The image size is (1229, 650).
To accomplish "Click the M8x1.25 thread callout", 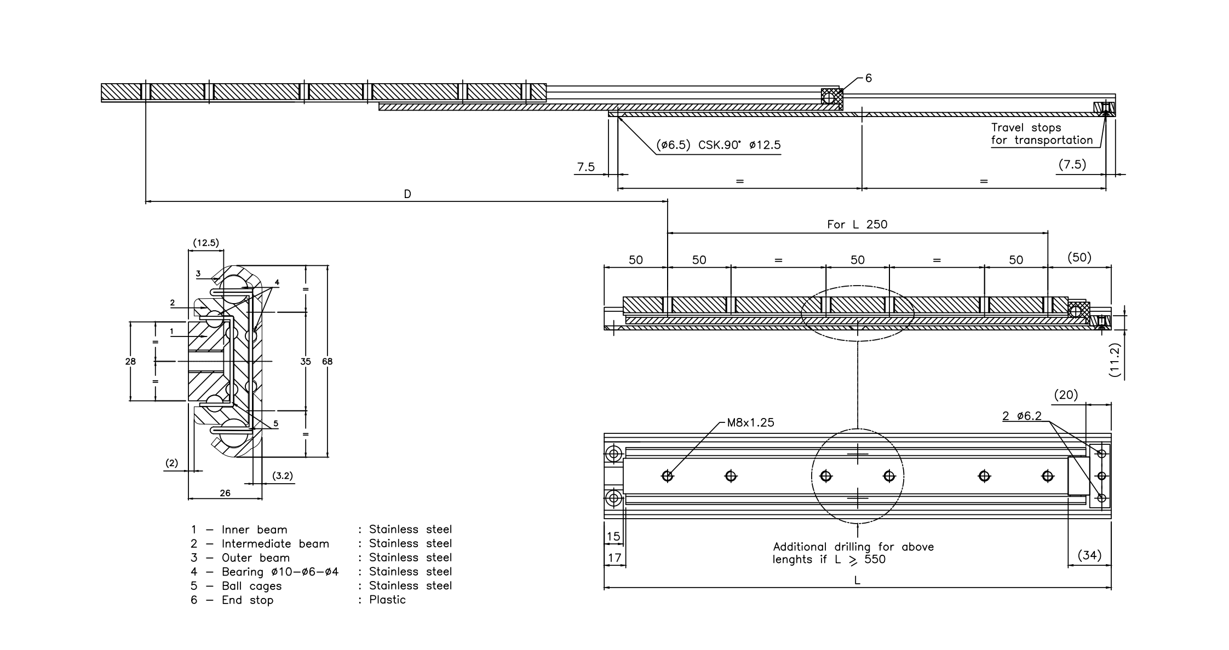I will coord(750,422).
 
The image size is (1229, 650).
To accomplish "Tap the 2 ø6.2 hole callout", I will coord(1021,416).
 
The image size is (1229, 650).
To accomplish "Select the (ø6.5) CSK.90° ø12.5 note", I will coord(718,145).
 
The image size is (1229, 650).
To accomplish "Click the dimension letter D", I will coord(407,194).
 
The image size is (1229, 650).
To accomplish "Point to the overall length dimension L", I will coord(857,581).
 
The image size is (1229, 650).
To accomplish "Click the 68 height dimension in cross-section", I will coord(327,361).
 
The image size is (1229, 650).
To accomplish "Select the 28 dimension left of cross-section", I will coord(130,361).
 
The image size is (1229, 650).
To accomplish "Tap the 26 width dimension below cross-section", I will coord(225,493).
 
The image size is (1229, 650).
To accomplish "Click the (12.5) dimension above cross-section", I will coord(206,242).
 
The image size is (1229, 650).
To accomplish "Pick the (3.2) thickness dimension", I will coord(283,476).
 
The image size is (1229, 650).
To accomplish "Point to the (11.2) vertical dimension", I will coord(1116,360).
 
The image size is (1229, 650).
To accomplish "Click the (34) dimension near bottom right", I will coord(1089,555).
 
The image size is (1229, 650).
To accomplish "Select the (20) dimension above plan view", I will coord(1066,394).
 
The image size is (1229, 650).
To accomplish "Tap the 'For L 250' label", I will coord(857,224).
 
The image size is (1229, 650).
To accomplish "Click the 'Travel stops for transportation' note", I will coord(1041,134).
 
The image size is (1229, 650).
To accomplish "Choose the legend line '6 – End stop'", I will coord(232,600).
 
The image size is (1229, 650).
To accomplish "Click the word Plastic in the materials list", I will coord(387,600).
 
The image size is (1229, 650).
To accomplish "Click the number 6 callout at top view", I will coord(868,78).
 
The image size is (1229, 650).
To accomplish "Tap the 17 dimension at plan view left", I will coord(614,558).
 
